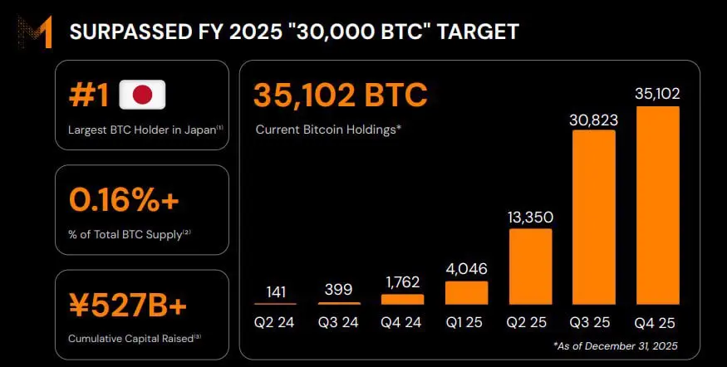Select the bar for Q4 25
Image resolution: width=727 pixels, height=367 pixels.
click(657, 205)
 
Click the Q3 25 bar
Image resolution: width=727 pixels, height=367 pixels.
click(593, 218)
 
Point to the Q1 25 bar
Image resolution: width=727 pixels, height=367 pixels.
click(467, 292)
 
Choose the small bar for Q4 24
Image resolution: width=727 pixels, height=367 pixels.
click(403, 299)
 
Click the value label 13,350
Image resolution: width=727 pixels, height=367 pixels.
click(530, 218)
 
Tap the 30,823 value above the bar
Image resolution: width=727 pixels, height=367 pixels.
click(593, 120)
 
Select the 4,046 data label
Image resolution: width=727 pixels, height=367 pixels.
click(467, 269)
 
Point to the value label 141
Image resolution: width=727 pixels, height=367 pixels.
click(276, 291)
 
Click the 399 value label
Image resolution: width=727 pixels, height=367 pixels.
click(339, 290)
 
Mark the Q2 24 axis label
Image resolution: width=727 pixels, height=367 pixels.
click(276, 322)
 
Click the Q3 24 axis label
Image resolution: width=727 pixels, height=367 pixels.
click(339, 322)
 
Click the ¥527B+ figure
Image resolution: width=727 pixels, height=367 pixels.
click(129, 306)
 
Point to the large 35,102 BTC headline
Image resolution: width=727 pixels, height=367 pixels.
click(341, 95)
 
